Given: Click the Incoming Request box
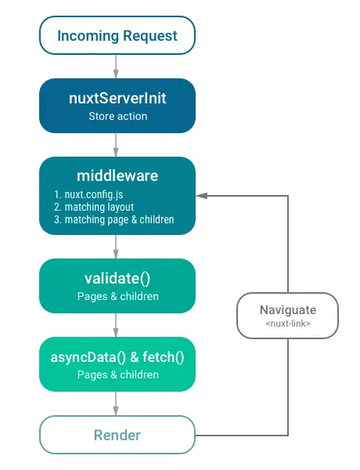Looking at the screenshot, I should (116, 36).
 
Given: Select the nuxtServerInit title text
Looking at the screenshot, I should (116, 99).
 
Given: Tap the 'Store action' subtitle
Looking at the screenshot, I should (116, 117).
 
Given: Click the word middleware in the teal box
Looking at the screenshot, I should (117, 175).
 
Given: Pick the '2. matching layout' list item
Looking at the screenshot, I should (88, 207).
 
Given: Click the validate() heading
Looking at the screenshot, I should (117, 278).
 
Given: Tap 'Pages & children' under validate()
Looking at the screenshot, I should (117, 296).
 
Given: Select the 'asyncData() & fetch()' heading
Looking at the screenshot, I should (117, 356).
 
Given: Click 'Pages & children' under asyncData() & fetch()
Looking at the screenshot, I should (117, 374).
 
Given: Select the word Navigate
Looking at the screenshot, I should (289, 310).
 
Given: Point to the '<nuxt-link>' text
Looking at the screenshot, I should (289, 324).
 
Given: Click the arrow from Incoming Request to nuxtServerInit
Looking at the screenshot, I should (117, 66).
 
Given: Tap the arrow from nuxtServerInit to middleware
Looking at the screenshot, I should (117, 144).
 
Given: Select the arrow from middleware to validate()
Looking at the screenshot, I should (117, 247).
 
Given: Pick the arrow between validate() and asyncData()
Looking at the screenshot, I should (117, 325).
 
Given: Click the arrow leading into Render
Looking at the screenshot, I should (117, 403).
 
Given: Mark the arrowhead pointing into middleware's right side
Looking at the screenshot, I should (200, 195).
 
